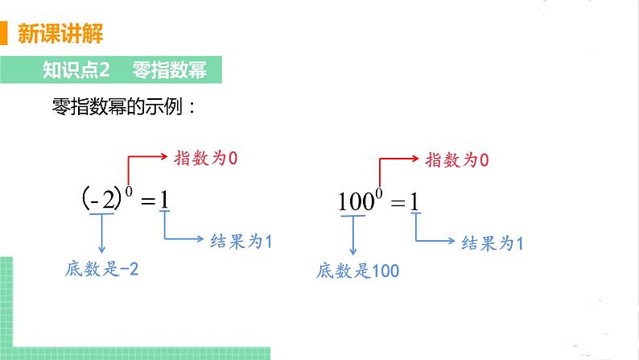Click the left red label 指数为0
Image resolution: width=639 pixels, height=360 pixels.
(207, 158)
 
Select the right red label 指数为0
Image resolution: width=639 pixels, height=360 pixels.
(457, 160)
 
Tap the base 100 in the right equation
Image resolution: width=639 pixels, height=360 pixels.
(352, 201)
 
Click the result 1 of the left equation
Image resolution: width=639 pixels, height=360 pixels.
(164, 200)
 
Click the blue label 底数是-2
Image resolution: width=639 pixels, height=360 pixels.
(102, 270)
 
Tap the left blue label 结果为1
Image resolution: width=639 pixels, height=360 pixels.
(241, 239)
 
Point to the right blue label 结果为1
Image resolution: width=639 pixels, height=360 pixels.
(491, 242)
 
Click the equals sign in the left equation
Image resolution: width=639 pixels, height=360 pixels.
(146, 201)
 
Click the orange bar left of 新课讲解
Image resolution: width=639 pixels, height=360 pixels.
(4, 35)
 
